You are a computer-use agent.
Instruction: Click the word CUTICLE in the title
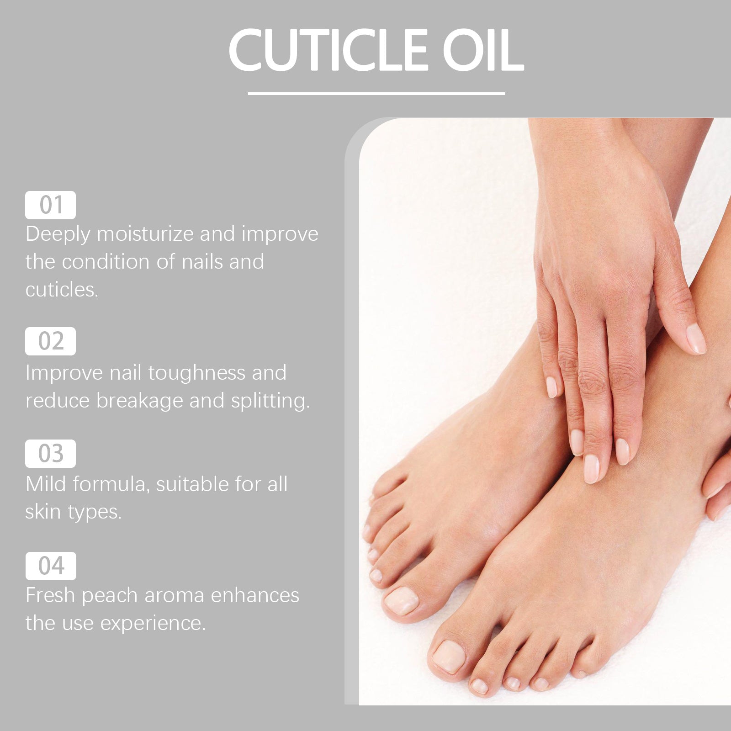pos(328,50)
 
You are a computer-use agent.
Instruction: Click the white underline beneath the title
pos(376,94)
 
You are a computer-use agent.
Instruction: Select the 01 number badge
pos(50,205)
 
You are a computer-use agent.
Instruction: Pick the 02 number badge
pos(50,341)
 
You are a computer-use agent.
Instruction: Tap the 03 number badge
pos(50,454)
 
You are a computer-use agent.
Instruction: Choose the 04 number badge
pos(51,566)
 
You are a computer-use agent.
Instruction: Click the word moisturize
pos(145,234)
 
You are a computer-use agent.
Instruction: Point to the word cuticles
pos(62,290)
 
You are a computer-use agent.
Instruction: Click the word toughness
pos(196,373)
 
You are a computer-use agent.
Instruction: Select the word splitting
pos(270,401)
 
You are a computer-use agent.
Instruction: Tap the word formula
pos(111,484)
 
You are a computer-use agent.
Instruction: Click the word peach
pos(110,596)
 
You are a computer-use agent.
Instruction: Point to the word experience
pos(153,624)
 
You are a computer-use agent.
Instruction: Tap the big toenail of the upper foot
pos(401,601)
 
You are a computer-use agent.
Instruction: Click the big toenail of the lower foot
pos(449,657)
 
